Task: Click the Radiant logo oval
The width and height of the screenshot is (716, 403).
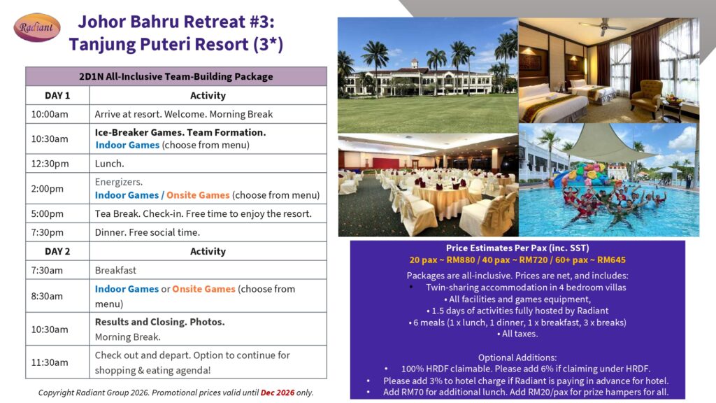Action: [37, 27]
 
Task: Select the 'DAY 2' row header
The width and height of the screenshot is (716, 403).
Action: [57, 251]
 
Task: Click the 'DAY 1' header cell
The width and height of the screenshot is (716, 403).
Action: [57, 95]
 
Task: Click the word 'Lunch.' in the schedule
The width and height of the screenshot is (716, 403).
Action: [109, 164]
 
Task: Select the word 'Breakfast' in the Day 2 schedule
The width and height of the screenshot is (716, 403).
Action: [115, 270]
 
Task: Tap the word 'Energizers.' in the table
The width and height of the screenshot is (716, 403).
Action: [119, 182]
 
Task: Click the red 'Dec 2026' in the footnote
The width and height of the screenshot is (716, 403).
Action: [278, 393]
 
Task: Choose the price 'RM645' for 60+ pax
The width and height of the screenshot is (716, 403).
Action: [611, 260]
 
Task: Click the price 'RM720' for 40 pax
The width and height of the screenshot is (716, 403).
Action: [534, 260]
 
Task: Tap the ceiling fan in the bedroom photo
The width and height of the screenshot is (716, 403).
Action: [603, 27]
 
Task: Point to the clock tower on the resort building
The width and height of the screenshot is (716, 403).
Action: [414, 63]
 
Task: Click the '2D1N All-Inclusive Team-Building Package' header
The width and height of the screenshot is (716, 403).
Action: [176, 76]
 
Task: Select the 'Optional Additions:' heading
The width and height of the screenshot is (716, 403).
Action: [517, 358]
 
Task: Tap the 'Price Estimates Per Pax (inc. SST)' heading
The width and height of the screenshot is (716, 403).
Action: [517, 248]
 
